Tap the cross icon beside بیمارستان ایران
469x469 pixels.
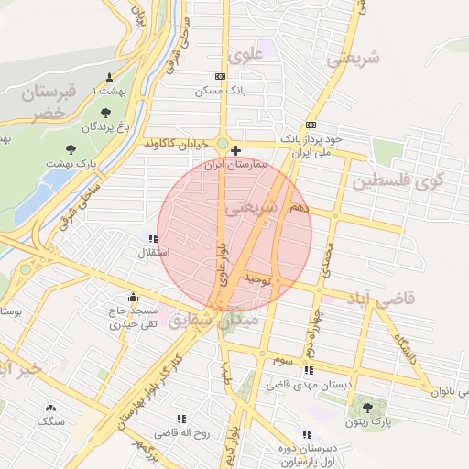coord(236,150)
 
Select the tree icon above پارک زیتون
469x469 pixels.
coord(368,407)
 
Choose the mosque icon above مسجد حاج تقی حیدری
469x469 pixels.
coord(134,297)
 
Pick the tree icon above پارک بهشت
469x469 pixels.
coord(71,148)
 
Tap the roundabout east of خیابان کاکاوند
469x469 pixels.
coord(222,143)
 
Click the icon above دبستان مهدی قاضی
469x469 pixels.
coord(309,371)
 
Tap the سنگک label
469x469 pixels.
coord(50,421)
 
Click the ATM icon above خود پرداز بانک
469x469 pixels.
coord(311,125)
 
